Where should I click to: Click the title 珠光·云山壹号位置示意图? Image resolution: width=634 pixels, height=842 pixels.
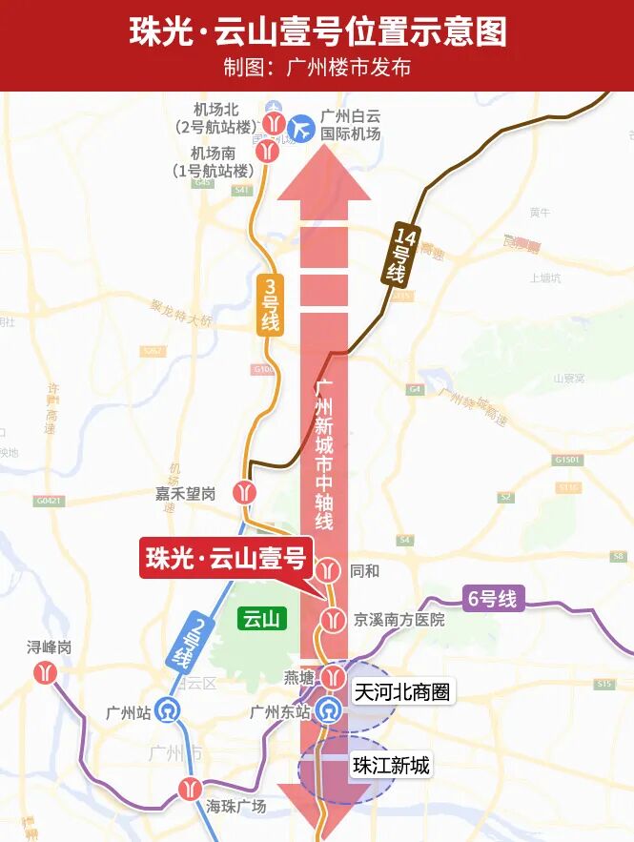coord(317,31)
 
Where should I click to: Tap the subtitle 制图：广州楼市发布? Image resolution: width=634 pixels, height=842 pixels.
coord(317,69)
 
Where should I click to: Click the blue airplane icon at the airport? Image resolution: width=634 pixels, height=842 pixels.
coord(302,126)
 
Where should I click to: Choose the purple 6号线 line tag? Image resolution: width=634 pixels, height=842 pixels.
coord(492,599)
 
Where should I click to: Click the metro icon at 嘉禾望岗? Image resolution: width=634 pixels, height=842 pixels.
coord(248,491)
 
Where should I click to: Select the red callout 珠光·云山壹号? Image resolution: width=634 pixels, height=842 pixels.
coord(224,558)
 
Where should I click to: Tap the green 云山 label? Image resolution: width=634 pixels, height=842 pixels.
coord(260,619)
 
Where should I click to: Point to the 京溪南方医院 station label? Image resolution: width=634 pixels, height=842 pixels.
coord(399,619)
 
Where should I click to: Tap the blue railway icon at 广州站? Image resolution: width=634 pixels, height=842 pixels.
coord(169,711)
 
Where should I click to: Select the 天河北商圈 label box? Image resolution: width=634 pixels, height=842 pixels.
coord(401,692)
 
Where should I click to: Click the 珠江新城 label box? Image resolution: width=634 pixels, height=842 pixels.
coord(391,765)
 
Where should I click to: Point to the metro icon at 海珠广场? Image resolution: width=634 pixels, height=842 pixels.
coord(189,789)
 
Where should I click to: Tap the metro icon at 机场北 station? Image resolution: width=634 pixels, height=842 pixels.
coord(276,122)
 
